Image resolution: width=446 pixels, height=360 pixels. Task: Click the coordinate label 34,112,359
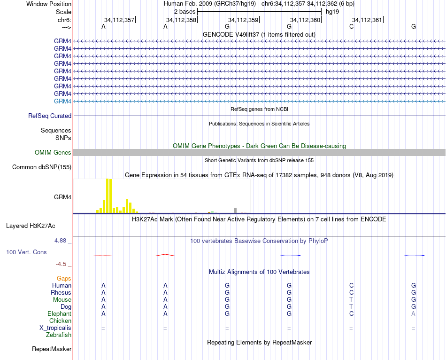(243, 20)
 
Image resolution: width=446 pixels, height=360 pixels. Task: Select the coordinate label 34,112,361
(367, 20)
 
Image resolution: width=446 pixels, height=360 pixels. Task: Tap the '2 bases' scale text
(185, 11)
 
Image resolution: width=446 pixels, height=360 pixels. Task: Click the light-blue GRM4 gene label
(62, 101)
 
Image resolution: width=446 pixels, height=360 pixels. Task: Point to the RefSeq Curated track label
(49, 116)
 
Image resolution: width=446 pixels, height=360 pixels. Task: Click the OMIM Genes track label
(53, 152)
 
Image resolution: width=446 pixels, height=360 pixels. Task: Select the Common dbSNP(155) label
(42, 167)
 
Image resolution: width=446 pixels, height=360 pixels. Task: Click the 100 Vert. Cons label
(26, 252)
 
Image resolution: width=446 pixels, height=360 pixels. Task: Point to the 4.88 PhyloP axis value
(62, 240)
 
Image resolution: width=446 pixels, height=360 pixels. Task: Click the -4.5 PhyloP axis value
(63, 264)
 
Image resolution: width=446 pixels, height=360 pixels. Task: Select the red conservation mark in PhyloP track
(165, 255)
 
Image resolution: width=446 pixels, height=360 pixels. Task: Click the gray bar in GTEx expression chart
(235, 210)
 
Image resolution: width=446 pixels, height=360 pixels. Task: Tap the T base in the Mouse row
(351, 299)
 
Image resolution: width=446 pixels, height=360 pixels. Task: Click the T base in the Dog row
(351, 306)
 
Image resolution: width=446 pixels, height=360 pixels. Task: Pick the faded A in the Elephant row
(413, 313)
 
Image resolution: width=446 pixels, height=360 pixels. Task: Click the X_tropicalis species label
(55, 328)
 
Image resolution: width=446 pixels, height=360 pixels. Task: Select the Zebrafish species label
(59, 335)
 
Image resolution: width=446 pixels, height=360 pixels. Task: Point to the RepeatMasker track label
(52, 349)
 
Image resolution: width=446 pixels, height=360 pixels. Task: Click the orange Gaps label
(64, 278)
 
